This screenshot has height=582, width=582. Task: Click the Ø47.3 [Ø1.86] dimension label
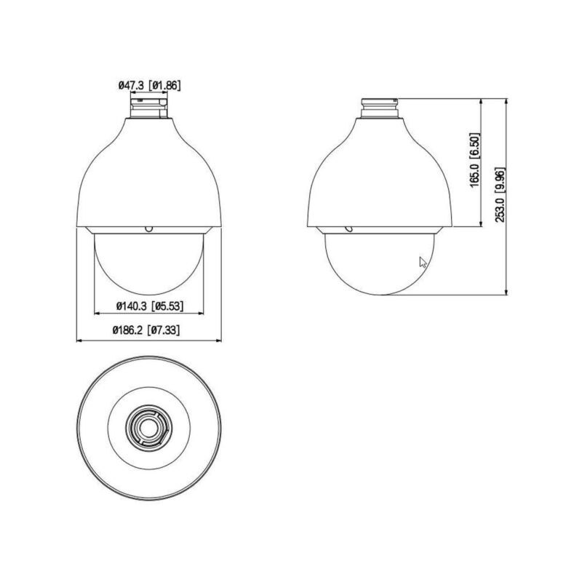[148, 86]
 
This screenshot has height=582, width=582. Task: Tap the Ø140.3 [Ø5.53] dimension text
[148, 307]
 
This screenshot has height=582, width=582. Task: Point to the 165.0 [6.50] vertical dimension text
[474, 164]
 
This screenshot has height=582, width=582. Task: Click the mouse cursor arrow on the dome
[423, 263]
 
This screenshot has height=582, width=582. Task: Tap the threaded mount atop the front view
[148, 108]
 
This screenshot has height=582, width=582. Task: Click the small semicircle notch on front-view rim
[148, 228]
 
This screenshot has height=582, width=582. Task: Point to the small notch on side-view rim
[348, 228]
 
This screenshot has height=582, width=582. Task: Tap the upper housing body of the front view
[148, 175]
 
